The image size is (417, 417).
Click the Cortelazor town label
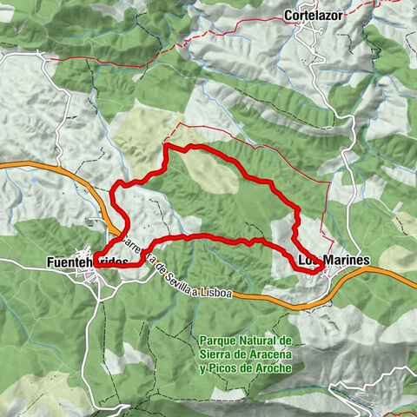pyautogui.click(x=317, y=15)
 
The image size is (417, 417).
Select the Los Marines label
pyautogui.click(x=334, y=260)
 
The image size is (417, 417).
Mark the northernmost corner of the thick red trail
pyautogui.click(x=166, y=147)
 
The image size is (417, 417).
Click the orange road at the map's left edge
pyautogui.click(x=7, y=163)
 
